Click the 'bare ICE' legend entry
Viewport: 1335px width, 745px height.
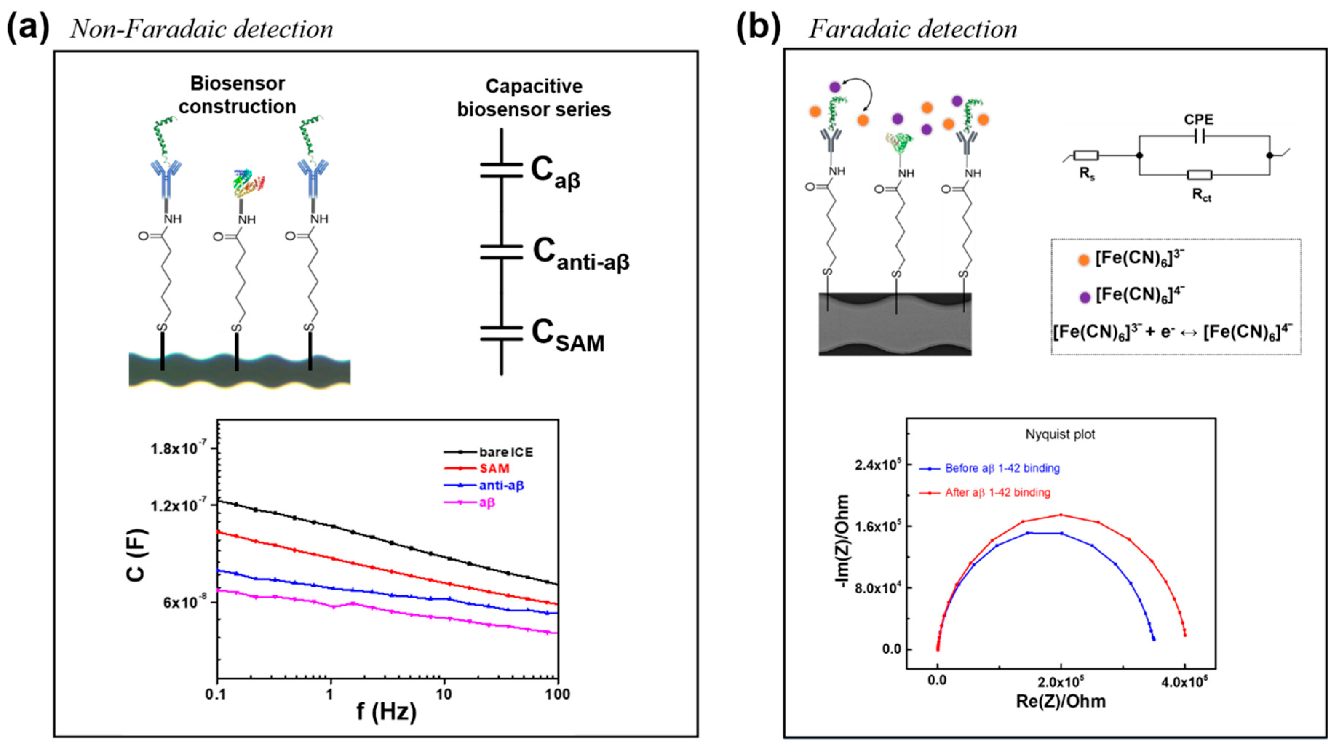(x=505, y=452)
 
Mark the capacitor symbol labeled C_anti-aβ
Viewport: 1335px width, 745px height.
(x=501, y=252)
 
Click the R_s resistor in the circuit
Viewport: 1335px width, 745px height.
(x=1086, y=155)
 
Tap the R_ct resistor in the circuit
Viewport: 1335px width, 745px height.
(x=1199, y=175)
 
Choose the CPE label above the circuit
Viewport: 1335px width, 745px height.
(x=1199, y=120)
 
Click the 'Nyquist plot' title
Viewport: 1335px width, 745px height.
(x=1060, y=434)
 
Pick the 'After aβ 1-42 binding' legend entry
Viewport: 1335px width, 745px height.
(x=998, y=492)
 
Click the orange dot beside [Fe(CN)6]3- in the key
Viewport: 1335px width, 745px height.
(x=1084, y=260)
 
